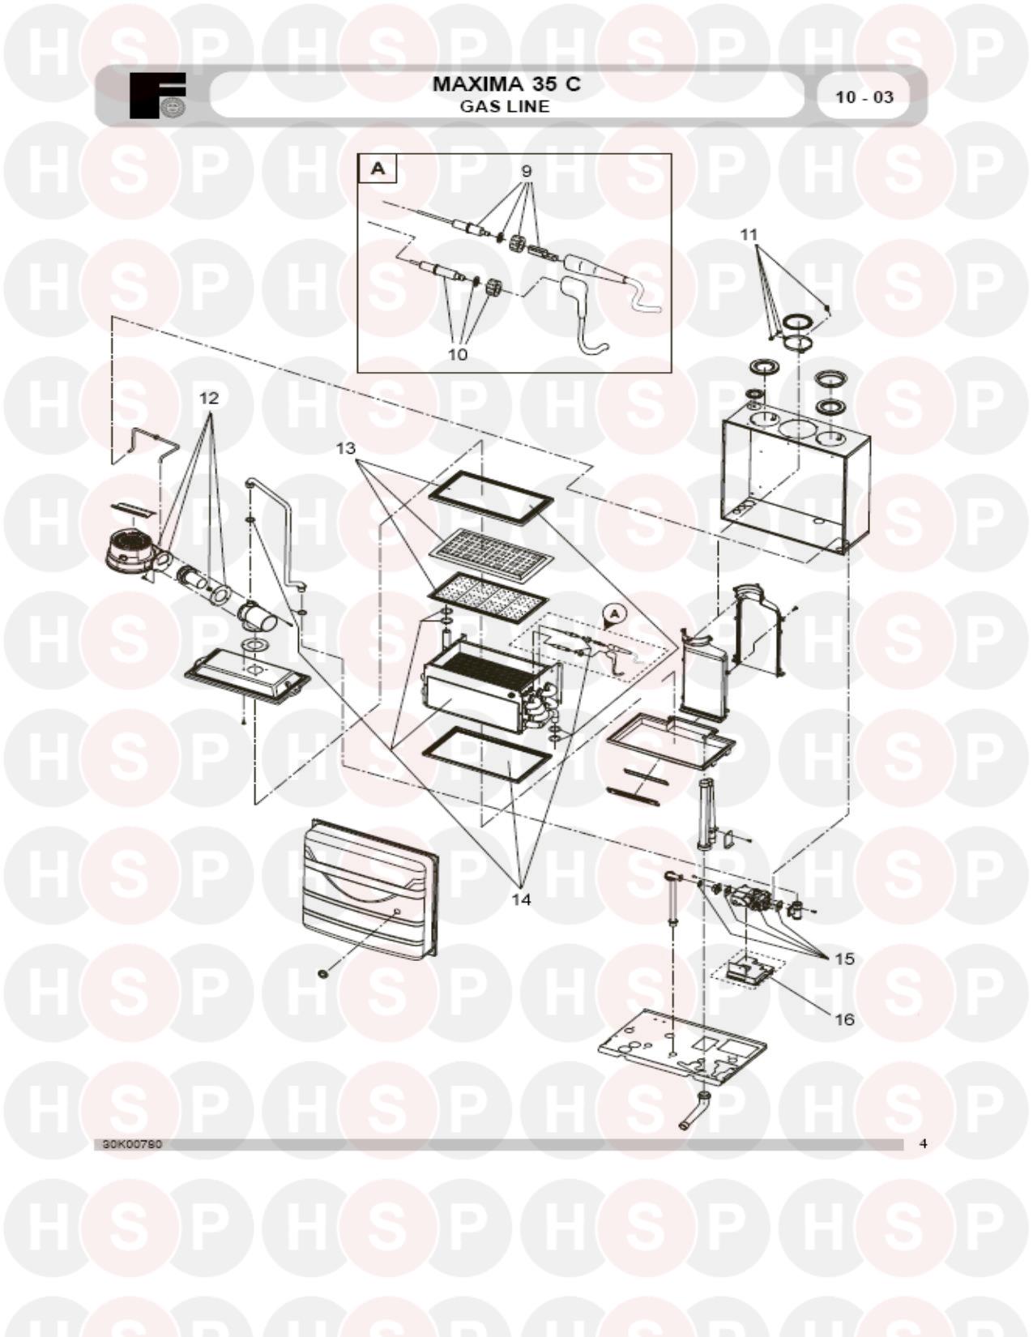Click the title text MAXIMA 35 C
coord(506,83)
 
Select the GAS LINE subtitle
coord(505,106)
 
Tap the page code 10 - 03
coord(864,97)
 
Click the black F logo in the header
coord(157,96)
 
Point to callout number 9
coord(526,171)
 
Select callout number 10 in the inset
coord(458,354)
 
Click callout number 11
coord(749,234)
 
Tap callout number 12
coord(209,398)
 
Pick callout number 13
coord(346,449)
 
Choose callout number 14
coord(521,899)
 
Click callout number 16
coord(845,1019)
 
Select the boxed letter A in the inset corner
coord(378,169)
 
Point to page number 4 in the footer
coord(922,1144)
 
